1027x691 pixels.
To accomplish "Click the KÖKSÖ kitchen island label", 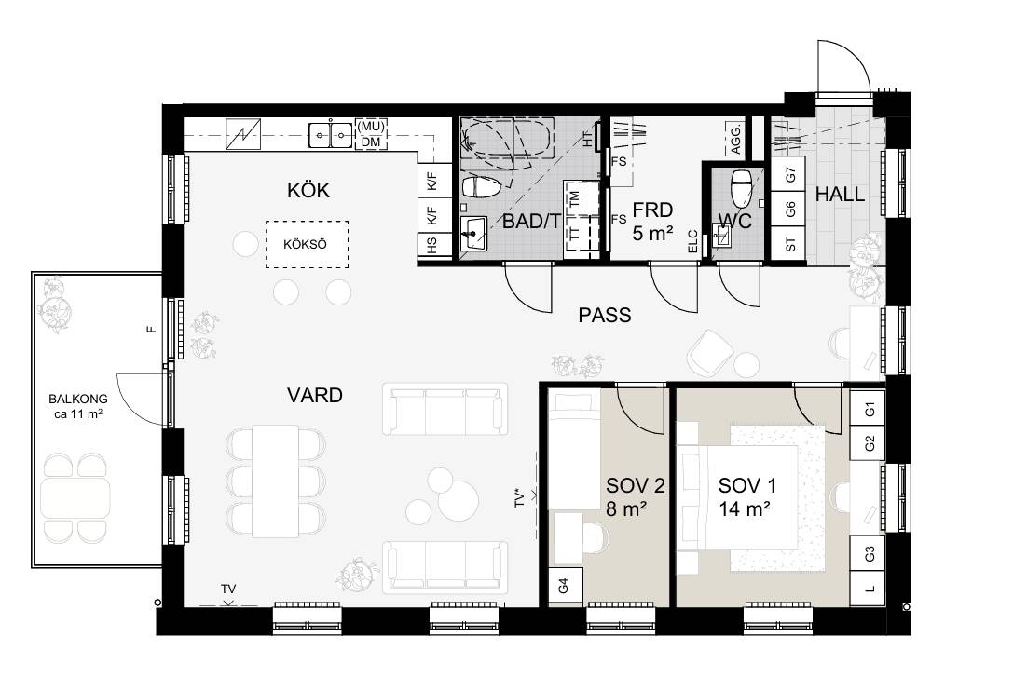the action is coord(306,245).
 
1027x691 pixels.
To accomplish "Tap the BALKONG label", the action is coord(78,399).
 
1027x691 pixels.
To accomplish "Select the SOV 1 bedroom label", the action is coord(747,485).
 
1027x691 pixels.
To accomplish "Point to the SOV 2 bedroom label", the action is coord(636,485).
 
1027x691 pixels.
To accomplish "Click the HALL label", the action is coord(840,195).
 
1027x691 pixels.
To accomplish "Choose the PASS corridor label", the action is coord(605,316).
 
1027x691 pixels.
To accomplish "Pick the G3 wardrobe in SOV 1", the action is coord(868,554).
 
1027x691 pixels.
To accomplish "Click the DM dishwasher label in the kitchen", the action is coord(371,142).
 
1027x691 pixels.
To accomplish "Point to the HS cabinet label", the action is coord(432,245).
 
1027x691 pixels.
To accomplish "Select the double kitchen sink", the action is coord(330,135).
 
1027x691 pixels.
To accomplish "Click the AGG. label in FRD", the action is coord(735,138).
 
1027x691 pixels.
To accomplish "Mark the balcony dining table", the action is coord(75,498).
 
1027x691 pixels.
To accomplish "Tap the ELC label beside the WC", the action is coord(692,241).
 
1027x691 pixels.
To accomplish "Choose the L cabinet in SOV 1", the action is coord(868,589).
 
